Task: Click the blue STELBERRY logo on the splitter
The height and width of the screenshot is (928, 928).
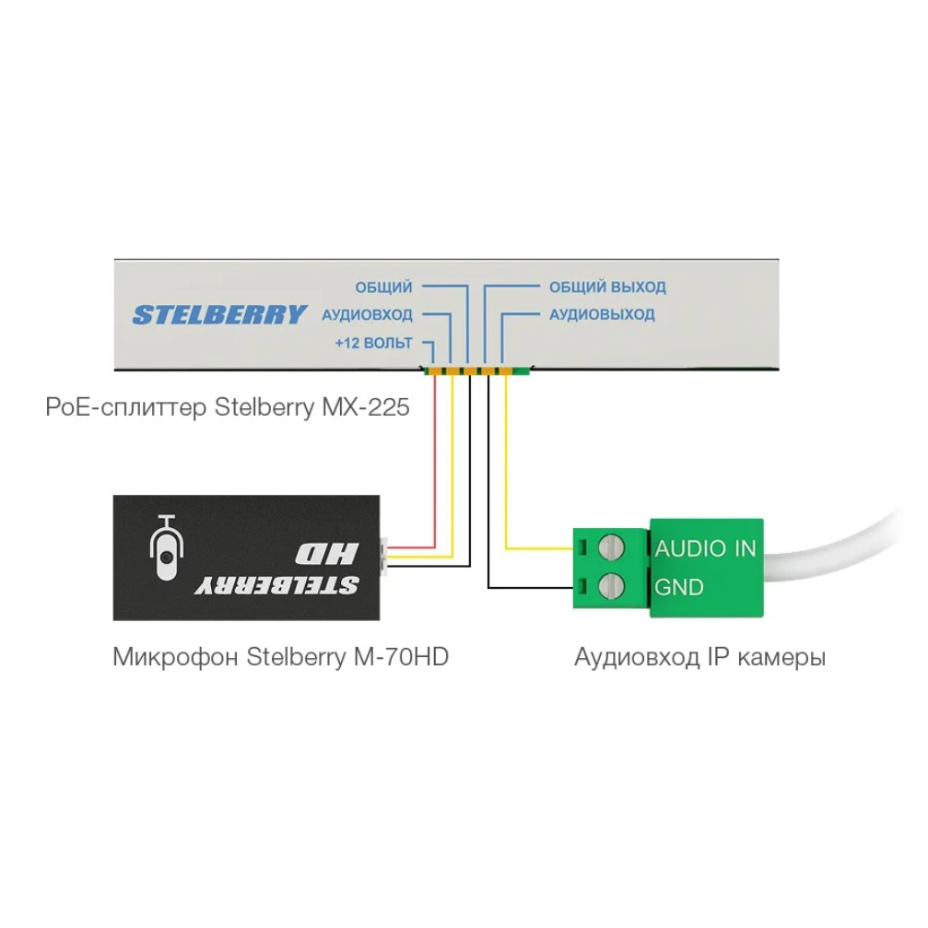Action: coord(219,315)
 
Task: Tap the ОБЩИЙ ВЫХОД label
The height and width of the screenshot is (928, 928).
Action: coord(607,287)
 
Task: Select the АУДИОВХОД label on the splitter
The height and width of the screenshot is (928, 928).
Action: coord(367,315)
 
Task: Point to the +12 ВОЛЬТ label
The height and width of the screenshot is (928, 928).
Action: coord(373,343)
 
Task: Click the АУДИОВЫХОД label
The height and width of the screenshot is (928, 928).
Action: coord(602,314)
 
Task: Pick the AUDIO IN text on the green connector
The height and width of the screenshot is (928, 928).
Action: coord(706,548)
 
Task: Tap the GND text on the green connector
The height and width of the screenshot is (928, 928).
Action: coord(679,587)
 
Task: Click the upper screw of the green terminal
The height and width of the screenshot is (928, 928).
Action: coord(611,547)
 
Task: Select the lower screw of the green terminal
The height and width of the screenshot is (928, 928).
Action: coord(611,587)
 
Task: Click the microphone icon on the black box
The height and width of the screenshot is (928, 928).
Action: coord(167,547)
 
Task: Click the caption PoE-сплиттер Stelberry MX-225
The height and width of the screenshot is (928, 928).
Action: coord(228,407)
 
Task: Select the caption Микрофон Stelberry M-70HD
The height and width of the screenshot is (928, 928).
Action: coord(280,657)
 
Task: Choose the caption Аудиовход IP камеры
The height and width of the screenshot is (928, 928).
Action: coord(699,657)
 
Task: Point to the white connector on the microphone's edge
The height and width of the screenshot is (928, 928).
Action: coord(383,557)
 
